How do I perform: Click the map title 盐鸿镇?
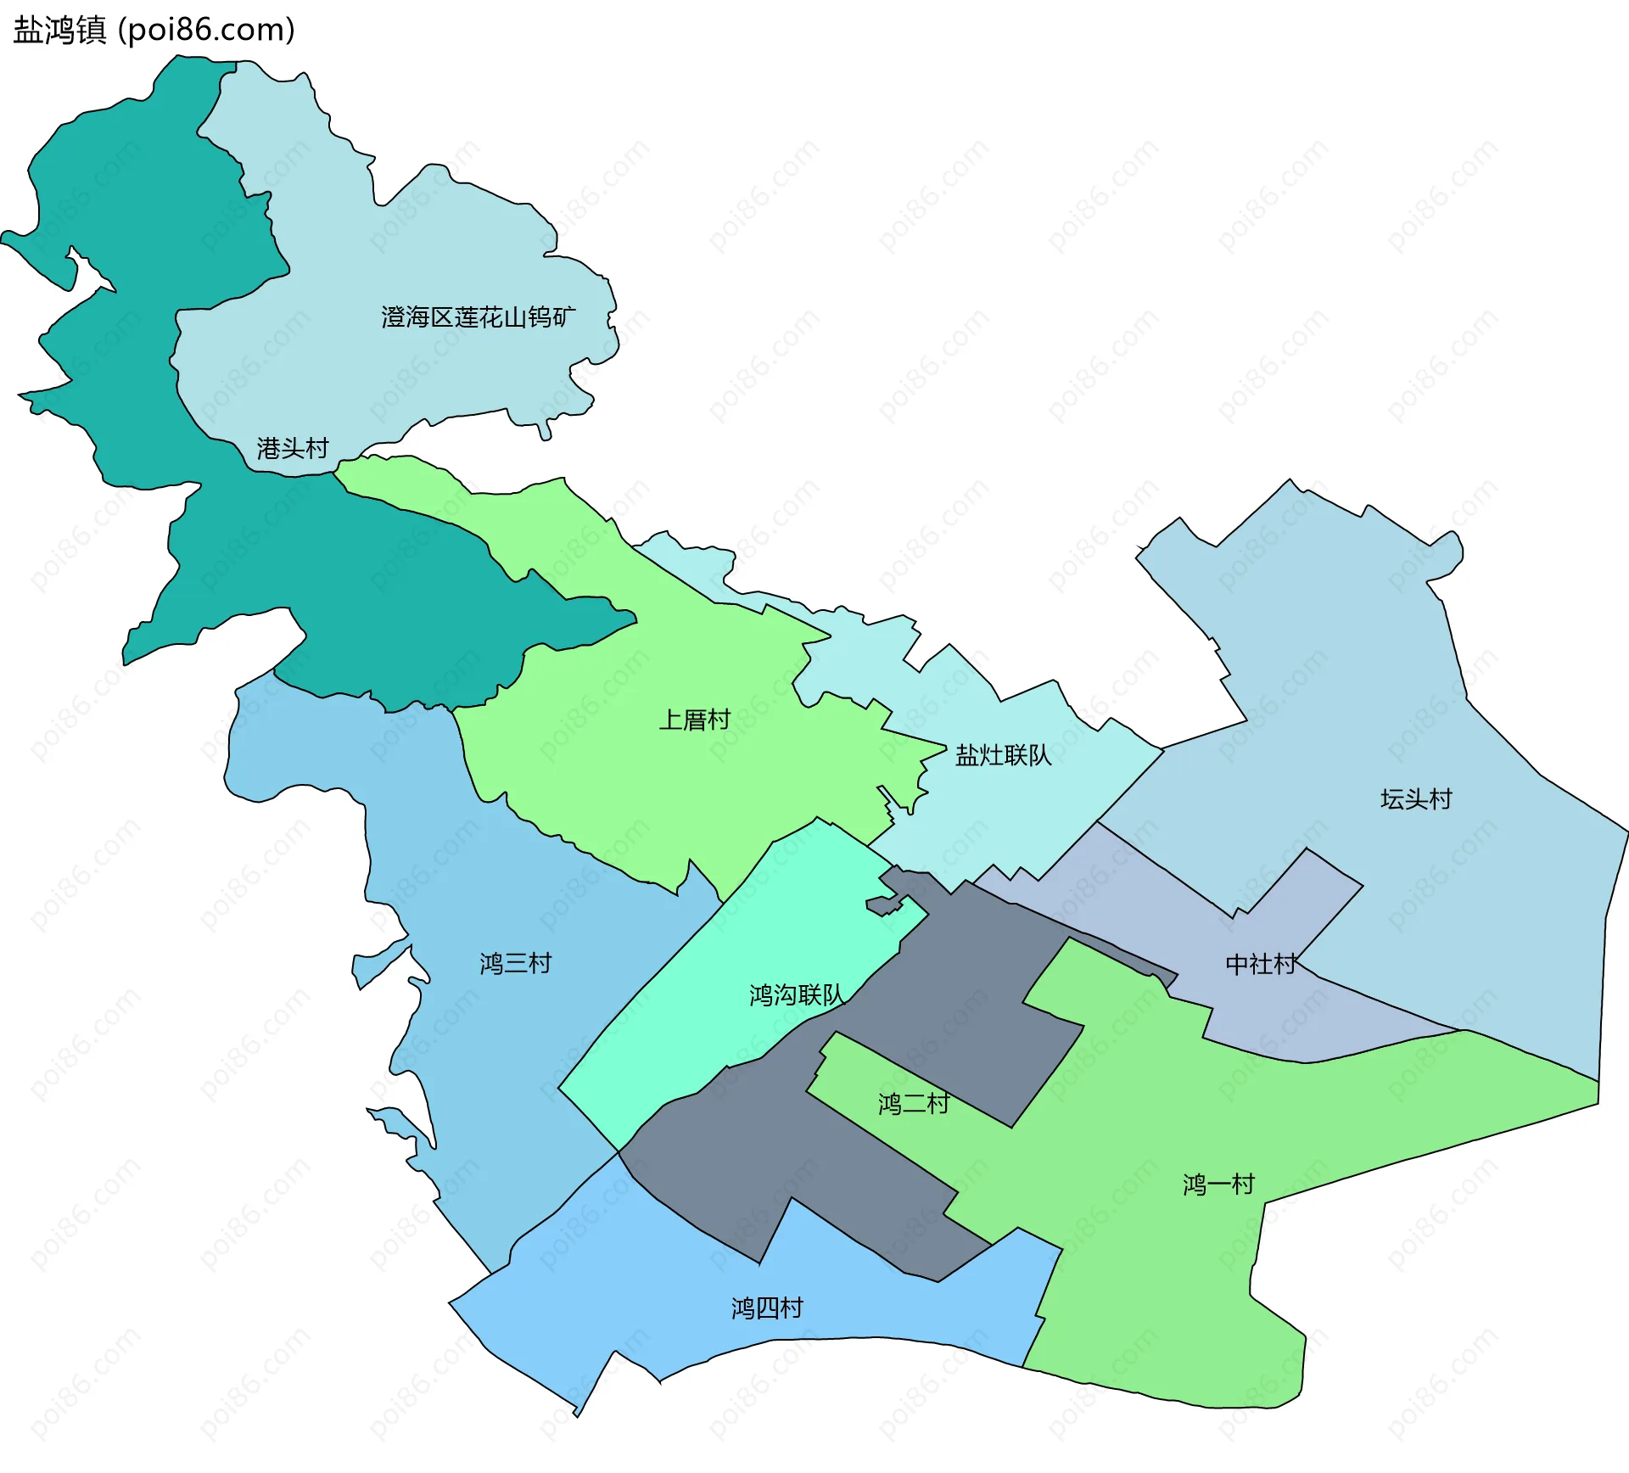click(59, 30)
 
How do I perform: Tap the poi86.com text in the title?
click(207, 30)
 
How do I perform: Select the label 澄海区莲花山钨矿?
click(478, 317)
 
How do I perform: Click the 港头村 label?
click(293, 448)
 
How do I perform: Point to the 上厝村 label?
click(695, 720)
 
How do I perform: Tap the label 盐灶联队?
click(1003, 754)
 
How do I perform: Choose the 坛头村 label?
click(1416, 798)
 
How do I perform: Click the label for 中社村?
click(1261, 964)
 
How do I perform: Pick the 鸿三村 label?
click(516, 963)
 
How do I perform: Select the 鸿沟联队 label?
click(796, 994)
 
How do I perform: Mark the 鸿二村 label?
click(914, 1103)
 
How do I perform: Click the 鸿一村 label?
click(1218, 1184)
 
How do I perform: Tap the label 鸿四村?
click(767, 1308)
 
